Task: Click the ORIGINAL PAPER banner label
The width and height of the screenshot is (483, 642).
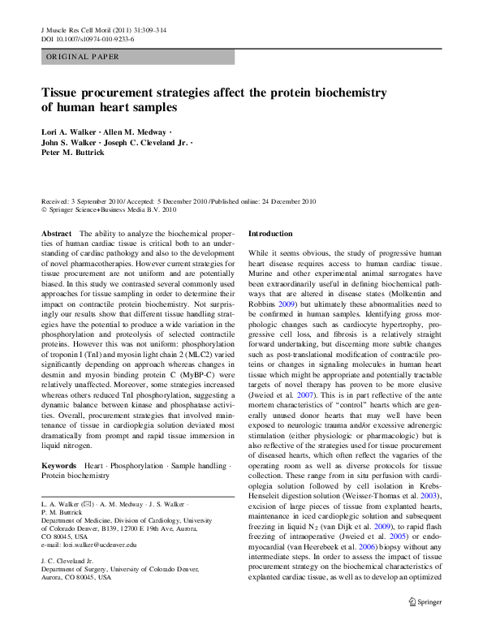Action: pyautogui.click(x=83, y=57)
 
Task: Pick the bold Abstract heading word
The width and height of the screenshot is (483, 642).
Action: pyautogui.click(x=56, y=233)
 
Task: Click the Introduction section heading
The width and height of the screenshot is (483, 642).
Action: pyautogui.click(x=270, y=233)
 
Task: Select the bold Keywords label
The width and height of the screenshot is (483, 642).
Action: pyautogui.click(x=59, y=466)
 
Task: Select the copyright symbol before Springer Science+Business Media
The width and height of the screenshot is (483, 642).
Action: pyautogui.click(x=44, y=209)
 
